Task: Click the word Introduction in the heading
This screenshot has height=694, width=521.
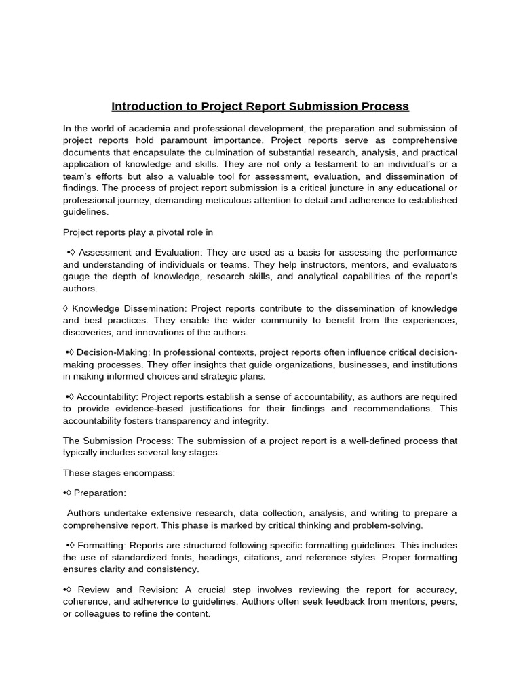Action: tap(144, 106)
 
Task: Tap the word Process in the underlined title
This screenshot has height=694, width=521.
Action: tap(384, 106)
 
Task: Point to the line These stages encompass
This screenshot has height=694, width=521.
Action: tap(119, 472)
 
